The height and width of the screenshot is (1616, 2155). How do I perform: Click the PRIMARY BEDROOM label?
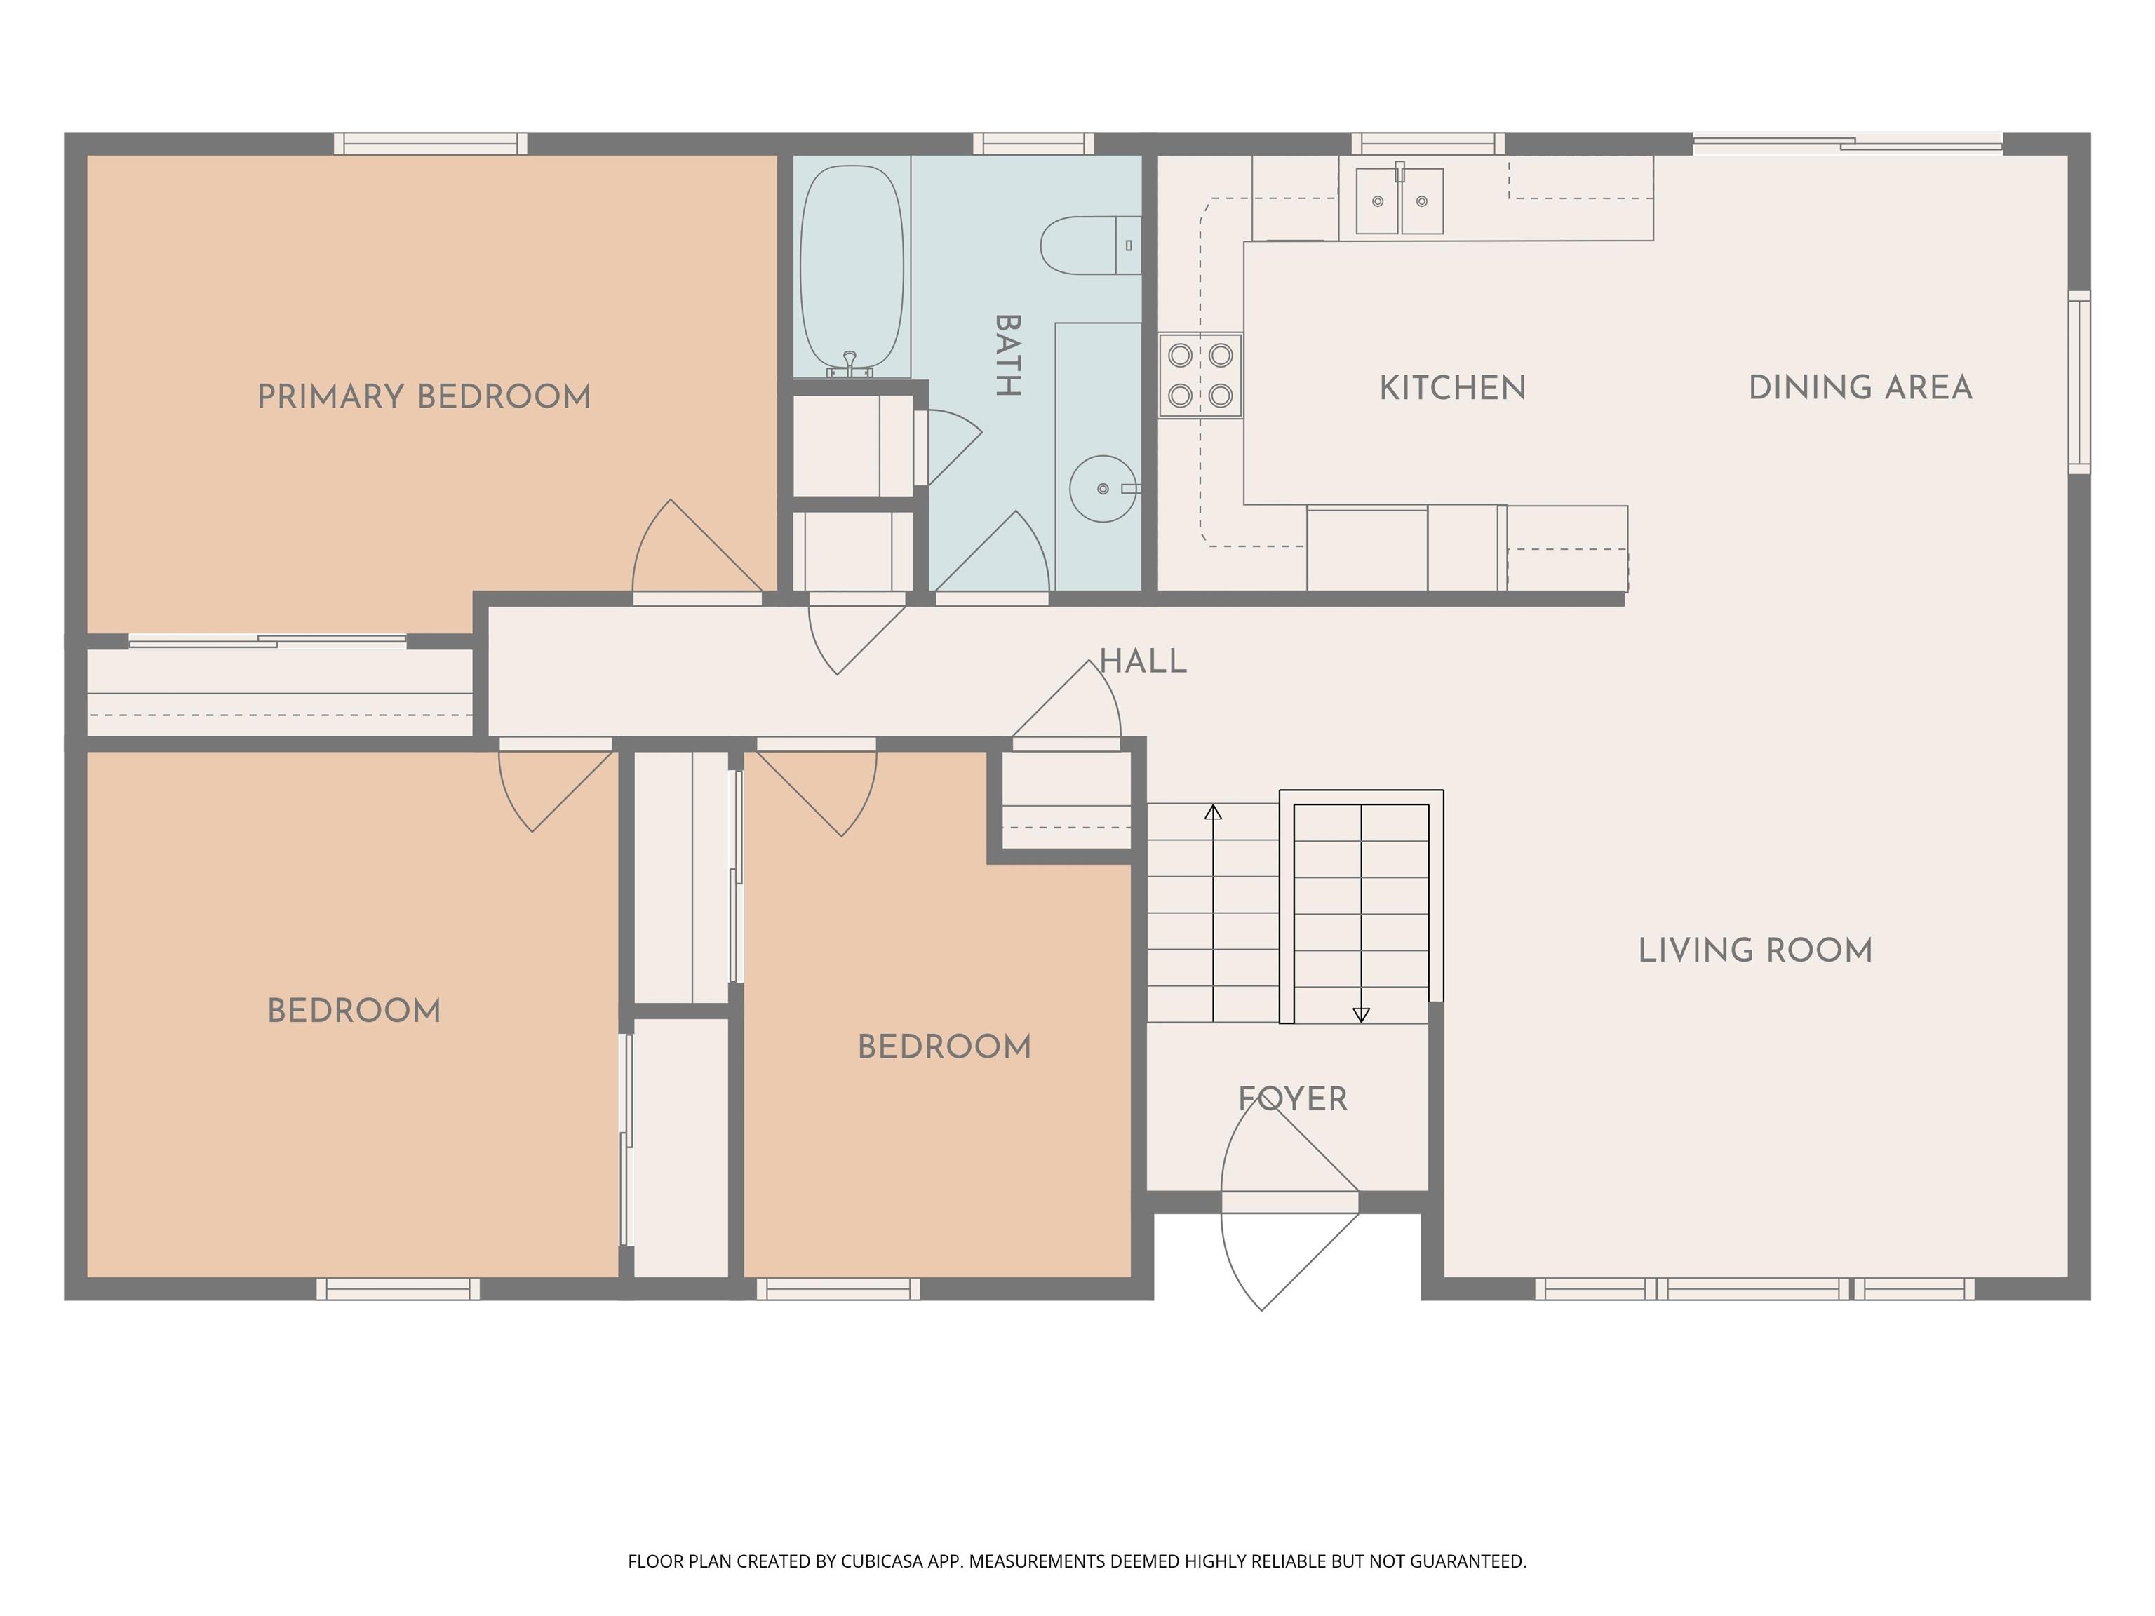pyautogui.click(x=424, y=396)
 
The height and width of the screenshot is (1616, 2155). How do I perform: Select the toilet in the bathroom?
pyautogui.click(x=1091, y=245)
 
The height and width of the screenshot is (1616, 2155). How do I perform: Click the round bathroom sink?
pyautogui.click(x=1103, y=488)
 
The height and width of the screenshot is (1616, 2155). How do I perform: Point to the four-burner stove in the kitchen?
pyautogui.click(x=1200, y=375)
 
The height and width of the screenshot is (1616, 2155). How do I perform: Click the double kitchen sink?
pyautogui.click(x=1400, y=201)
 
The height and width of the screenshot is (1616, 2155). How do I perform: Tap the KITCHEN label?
pyautogui.click(x=1453, y=388)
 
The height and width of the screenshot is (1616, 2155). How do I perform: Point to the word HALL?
pyautogui.click(x=1143, y=661)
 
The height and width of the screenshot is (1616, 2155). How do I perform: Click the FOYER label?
pyautogui.click(x=1293, y=1100)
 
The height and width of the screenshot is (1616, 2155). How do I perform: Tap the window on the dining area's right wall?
pyautogui.click(x=2079, y=382)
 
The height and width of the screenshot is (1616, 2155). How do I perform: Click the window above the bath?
pyautogui.click(x=1034, y=143)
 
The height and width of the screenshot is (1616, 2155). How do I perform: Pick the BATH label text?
pyautogui.click(x=1008, y=356)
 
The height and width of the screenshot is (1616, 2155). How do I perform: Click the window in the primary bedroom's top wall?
pyautogui.click(x=431, y=143)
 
